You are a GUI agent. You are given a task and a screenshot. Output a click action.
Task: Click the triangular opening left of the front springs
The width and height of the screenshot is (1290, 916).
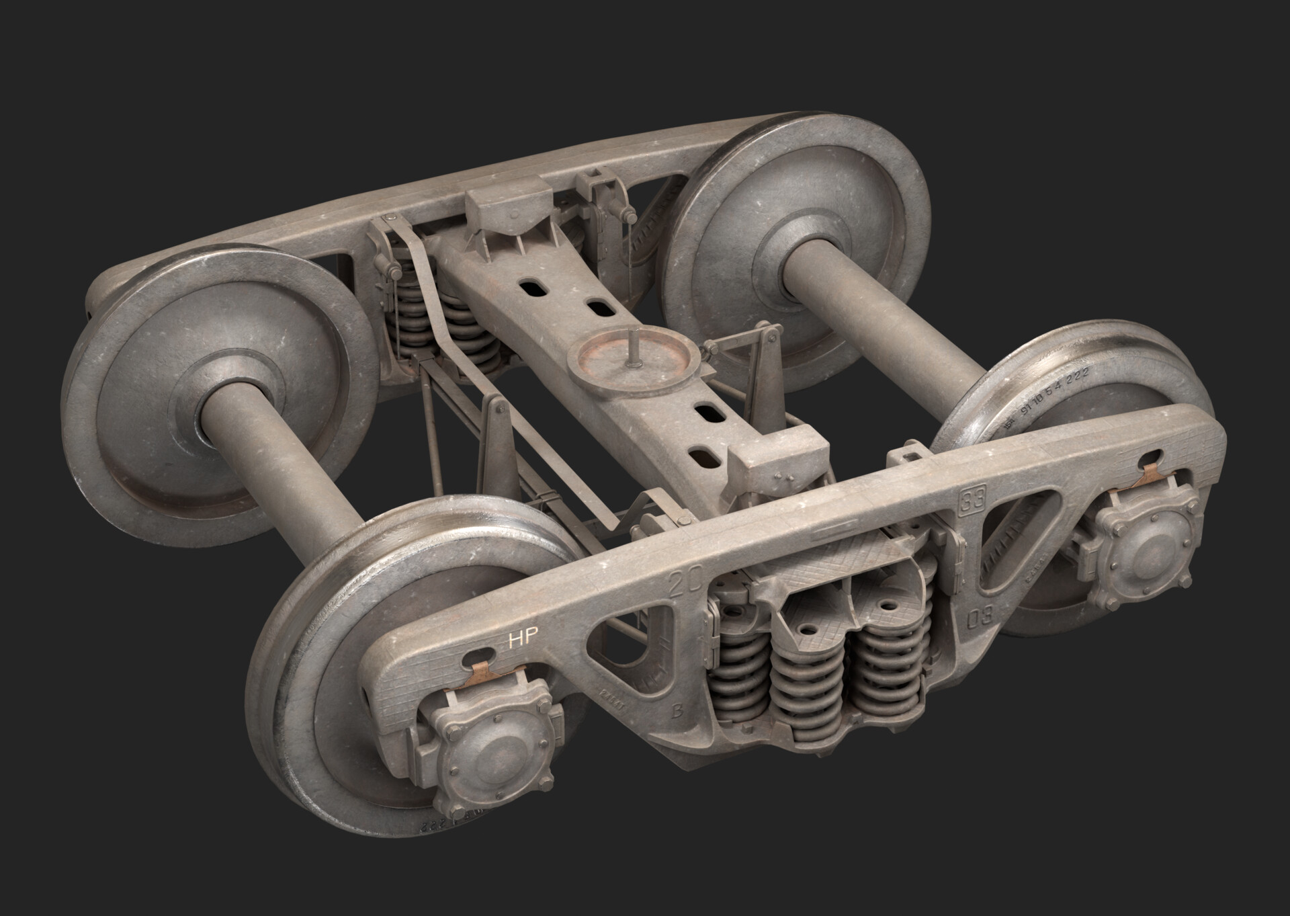(x=625, y=624)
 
